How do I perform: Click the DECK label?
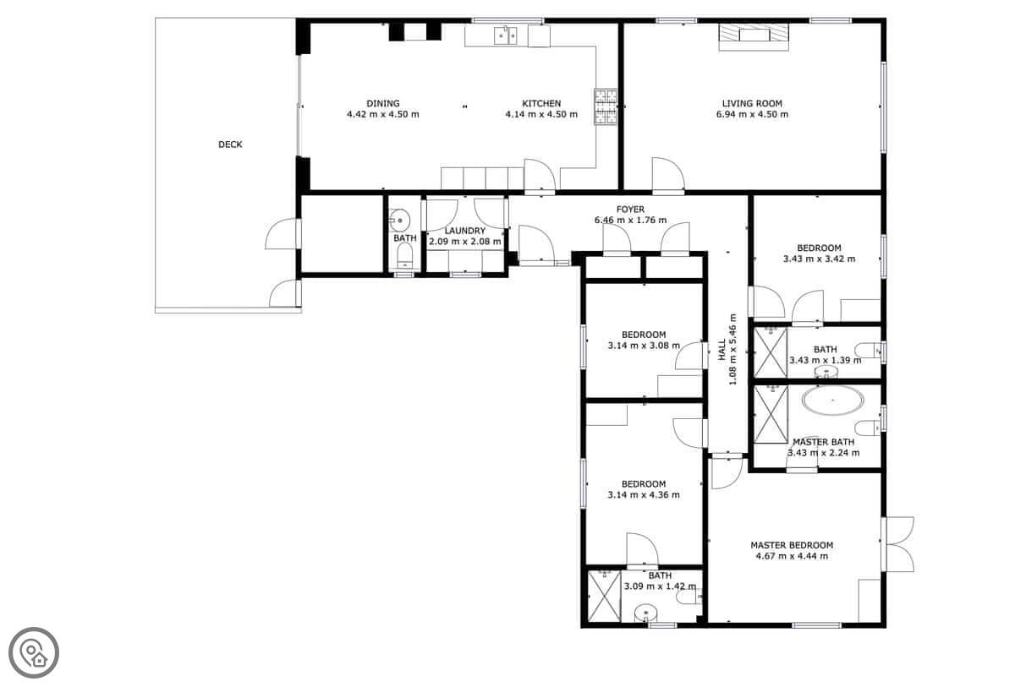230,144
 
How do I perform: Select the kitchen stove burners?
606,106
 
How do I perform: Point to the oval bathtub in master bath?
833,401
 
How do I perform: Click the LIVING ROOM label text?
752,104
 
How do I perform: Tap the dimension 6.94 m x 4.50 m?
752,115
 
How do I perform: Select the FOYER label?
630,210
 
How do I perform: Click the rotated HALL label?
721,350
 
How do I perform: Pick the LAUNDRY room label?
465,231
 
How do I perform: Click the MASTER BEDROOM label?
792,545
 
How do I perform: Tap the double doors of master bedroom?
897,544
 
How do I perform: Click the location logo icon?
34,653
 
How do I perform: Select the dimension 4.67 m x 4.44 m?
792,556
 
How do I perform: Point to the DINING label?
383,104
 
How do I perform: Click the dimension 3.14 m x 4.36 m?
644,495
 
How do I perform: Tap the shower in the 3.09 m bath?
604,596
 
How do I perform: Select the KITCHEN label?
541,104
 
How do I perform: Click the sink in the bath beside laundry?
399,221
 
